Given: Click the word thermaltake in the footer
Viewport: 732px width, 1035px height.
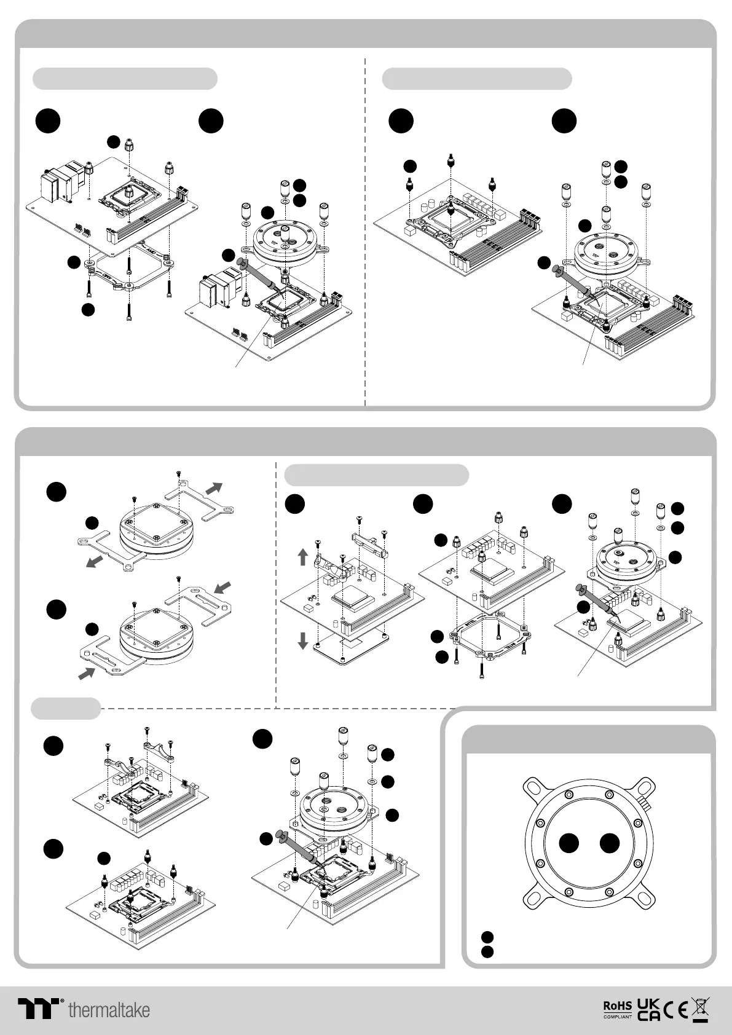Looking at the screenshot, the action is pos(109,1010).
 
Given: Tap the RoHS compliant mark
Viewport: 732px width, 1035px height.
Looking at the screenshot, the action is pos(618,1010).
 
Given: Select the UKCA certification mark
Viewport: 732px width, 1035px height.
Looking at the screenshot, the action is pos(648,1009).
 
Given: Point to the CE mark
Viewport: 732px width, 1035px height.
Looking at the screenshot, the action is pos(675,1010).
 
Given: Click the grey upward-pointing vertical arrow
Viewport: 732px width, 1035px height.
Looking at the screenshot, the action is pos(302,557).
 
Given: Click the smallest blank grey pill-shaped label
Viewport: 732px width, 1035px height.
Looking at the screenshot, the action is pos(66,709).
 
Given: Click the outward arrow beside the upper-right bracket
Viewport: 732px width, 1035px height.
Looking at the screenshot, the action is pos(214,489).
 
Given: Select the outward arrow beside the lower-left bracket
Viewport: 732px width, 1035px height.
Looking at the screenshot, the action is pos(95,561).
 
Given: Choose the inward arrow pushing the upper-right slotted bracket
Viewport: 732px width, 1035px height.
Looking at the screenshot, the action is pos(222,588).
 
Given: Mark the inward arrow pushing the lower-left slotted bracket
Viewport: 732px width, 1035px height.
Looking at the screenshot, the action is pos(87,673).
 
